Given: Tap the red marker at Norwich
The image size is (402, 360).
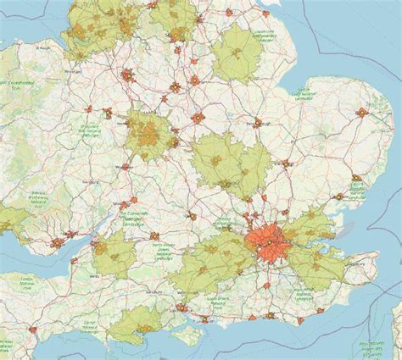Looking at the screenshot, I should (x=362, y=112).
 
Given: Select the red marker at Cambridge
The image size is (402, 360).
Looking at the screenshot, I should (x=288, y=163).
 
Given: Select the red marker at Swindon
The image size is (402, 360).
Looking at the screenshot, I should (x=154, y=235).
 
